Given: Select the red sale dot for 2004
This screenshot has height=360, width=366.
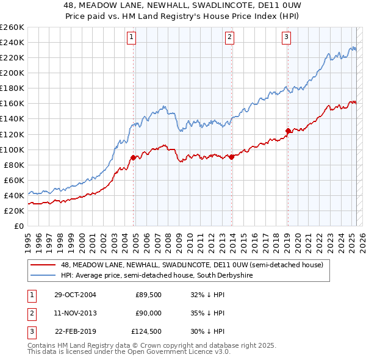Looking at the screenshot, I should pos(133,157).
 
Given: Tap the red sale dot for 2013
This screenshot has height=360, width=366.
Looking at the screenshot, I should pos(231,157).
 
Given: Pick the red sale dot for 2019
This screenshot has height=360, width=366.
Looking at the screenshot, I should pos(288,130).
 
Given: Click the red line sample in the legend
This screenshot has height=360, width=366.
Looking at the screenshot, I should pos(43,265).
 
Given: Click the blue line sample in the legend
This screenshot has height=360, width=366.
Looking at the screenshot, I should pos(43,276).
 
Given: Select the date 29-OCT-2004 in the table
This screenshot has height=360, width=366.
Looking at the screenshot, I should pos(75,295).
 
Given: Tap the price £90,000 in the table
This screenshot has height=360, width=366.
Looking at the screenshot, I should pos(148,313).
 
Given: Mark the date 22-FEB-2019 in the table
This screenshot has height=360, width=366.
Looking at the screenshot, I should pos(75,332).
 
